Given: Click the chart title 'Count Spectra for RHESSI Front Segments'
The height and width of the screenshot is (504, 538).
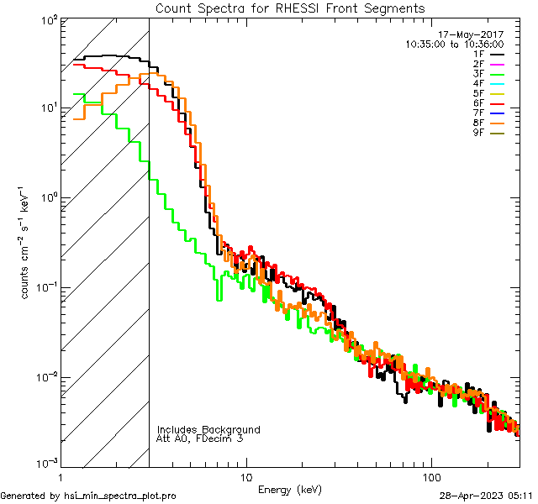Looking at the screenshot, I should [x=290, y=8].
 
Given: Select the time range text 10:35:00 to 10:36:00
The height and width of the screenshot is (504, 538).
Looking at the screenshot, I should [x=454, y=44].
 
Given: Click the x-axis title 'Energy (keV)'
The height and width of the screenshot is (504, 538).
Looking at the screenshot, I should [x=290, y=489].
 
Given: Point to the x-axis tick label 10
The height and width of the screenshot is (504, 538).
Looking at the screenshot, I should [x=245, y=477].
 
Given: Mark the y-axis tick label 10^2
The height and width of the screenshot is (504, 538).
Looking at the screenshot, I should [x=48, y=19].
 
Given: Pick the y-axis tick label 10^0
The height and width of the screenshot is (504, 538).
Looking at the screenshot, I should [x=48, y=197].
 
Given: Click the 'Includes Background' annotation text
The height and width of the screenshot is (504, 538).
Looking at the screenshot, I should [x=208, y=429].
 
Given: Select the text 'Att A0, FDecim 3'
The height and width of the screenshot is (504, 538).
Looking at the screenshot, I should [x=200, y=438].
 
